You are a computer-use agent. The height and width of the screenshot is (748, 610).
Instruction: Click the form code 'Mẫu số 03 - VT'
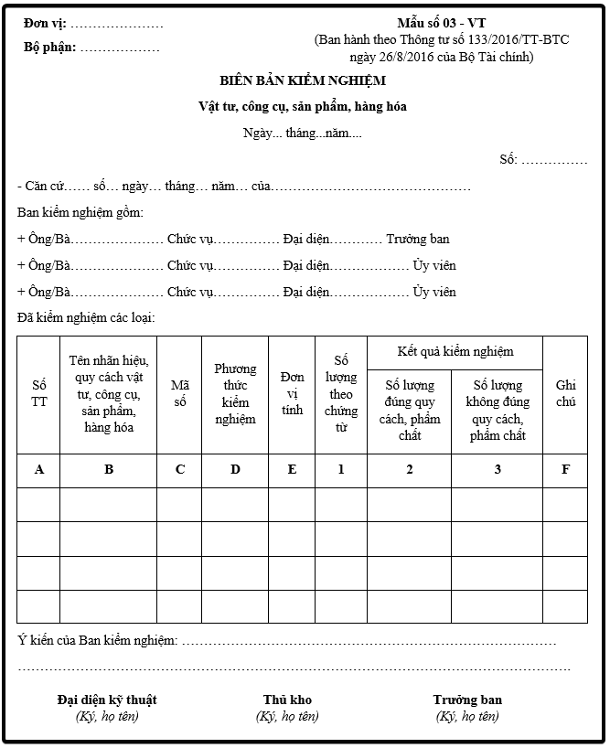click(x=441, y=23)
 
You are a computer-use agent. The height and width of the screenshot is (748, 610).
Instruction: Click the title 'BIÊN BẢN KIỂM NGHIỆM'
click(x=303, y=80)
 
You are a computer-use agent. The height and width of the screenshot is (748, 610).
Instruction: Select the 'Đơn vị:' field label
click(x=45, y=23)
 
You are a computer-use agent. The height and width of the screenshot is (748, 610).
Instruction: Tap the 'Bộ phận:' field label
click(x=50, y=47)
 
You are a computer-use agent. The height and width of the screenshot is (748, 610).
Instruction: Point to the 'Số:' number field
click(x=508, y=160)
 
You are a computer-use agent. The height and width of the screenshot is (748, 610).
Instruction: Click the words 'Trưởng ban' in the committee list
click(x=417, y=240)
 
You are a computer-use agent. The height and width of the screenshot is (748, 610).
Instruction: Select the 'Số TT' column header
click(x=38, y=394)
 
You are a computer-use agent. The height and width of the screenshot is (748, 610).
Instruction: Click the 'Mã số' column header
click(x=179, y=394)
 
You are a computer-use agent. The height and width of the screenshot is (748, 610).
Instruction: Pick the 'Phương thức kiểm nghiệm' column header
click(x=235, y=394)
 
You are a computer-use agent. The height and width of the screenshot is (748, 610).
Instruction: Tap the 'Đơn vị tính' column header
click(x=292, y=394)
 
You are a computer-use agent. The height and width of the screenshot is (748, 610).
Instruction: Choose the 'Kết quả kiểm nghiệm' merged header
click(x=455, y=351)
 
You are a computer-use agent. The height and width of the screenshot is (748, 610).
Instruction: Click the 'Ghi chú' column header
click(x=565, y=394)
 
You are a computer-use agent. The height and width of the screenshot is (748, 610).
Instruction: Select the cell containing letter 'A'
click(x=38, y=470)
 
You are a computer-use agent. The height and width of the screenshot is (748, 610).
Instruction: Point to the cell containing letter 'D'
click(x=235, y=470)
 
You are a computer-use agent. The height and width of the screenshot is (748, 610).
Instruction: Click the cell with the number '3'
click(x=497, y=470)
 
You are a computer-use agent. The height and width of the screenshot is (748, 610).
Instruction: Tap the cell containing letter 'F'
click(x=565, y=470)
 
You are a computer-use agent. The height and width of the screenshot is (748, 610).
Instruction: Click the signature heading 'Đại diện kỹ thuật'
click(x=107, y=700)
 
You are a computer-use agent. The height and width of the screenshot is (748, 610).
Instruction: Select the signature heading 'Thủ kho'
click(x=287, y=700)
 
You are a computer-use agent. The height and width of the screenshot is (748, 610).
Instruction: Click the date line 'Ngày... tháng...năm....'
click(x=303, y=134)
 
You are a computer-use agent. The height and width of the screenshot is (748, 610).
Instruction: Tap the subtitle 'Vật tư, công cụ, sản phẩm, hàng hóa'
click(x=303, y=107)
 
